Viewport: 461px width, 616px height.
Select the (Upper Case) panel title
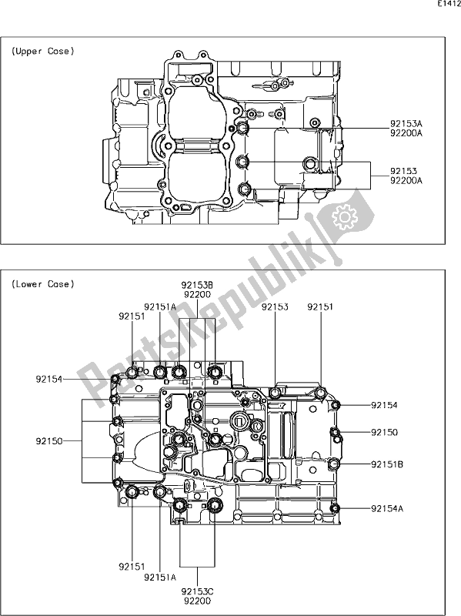click(x=42, y=52)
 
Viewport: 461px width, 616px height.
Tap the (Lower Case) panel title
click(x=42, y=284)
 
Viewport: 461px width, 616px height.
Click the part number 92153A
click(x=406, y=122)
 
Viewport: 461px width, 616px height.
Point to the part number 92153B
click(x=198, y=285)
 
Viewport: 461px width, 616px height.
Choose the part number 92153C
click(x=198, y=591)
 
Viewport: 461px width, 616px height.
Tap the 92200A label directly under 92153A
click(x=406, y=132)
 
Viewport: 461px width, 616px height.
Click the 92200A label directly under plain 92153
click(x=406, y=180)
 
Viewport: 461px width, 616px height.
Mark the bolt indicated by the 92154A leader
click(x=334, y=508)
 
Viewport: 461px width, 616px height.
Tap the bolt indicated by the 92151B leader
click(x=334, y=464)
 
